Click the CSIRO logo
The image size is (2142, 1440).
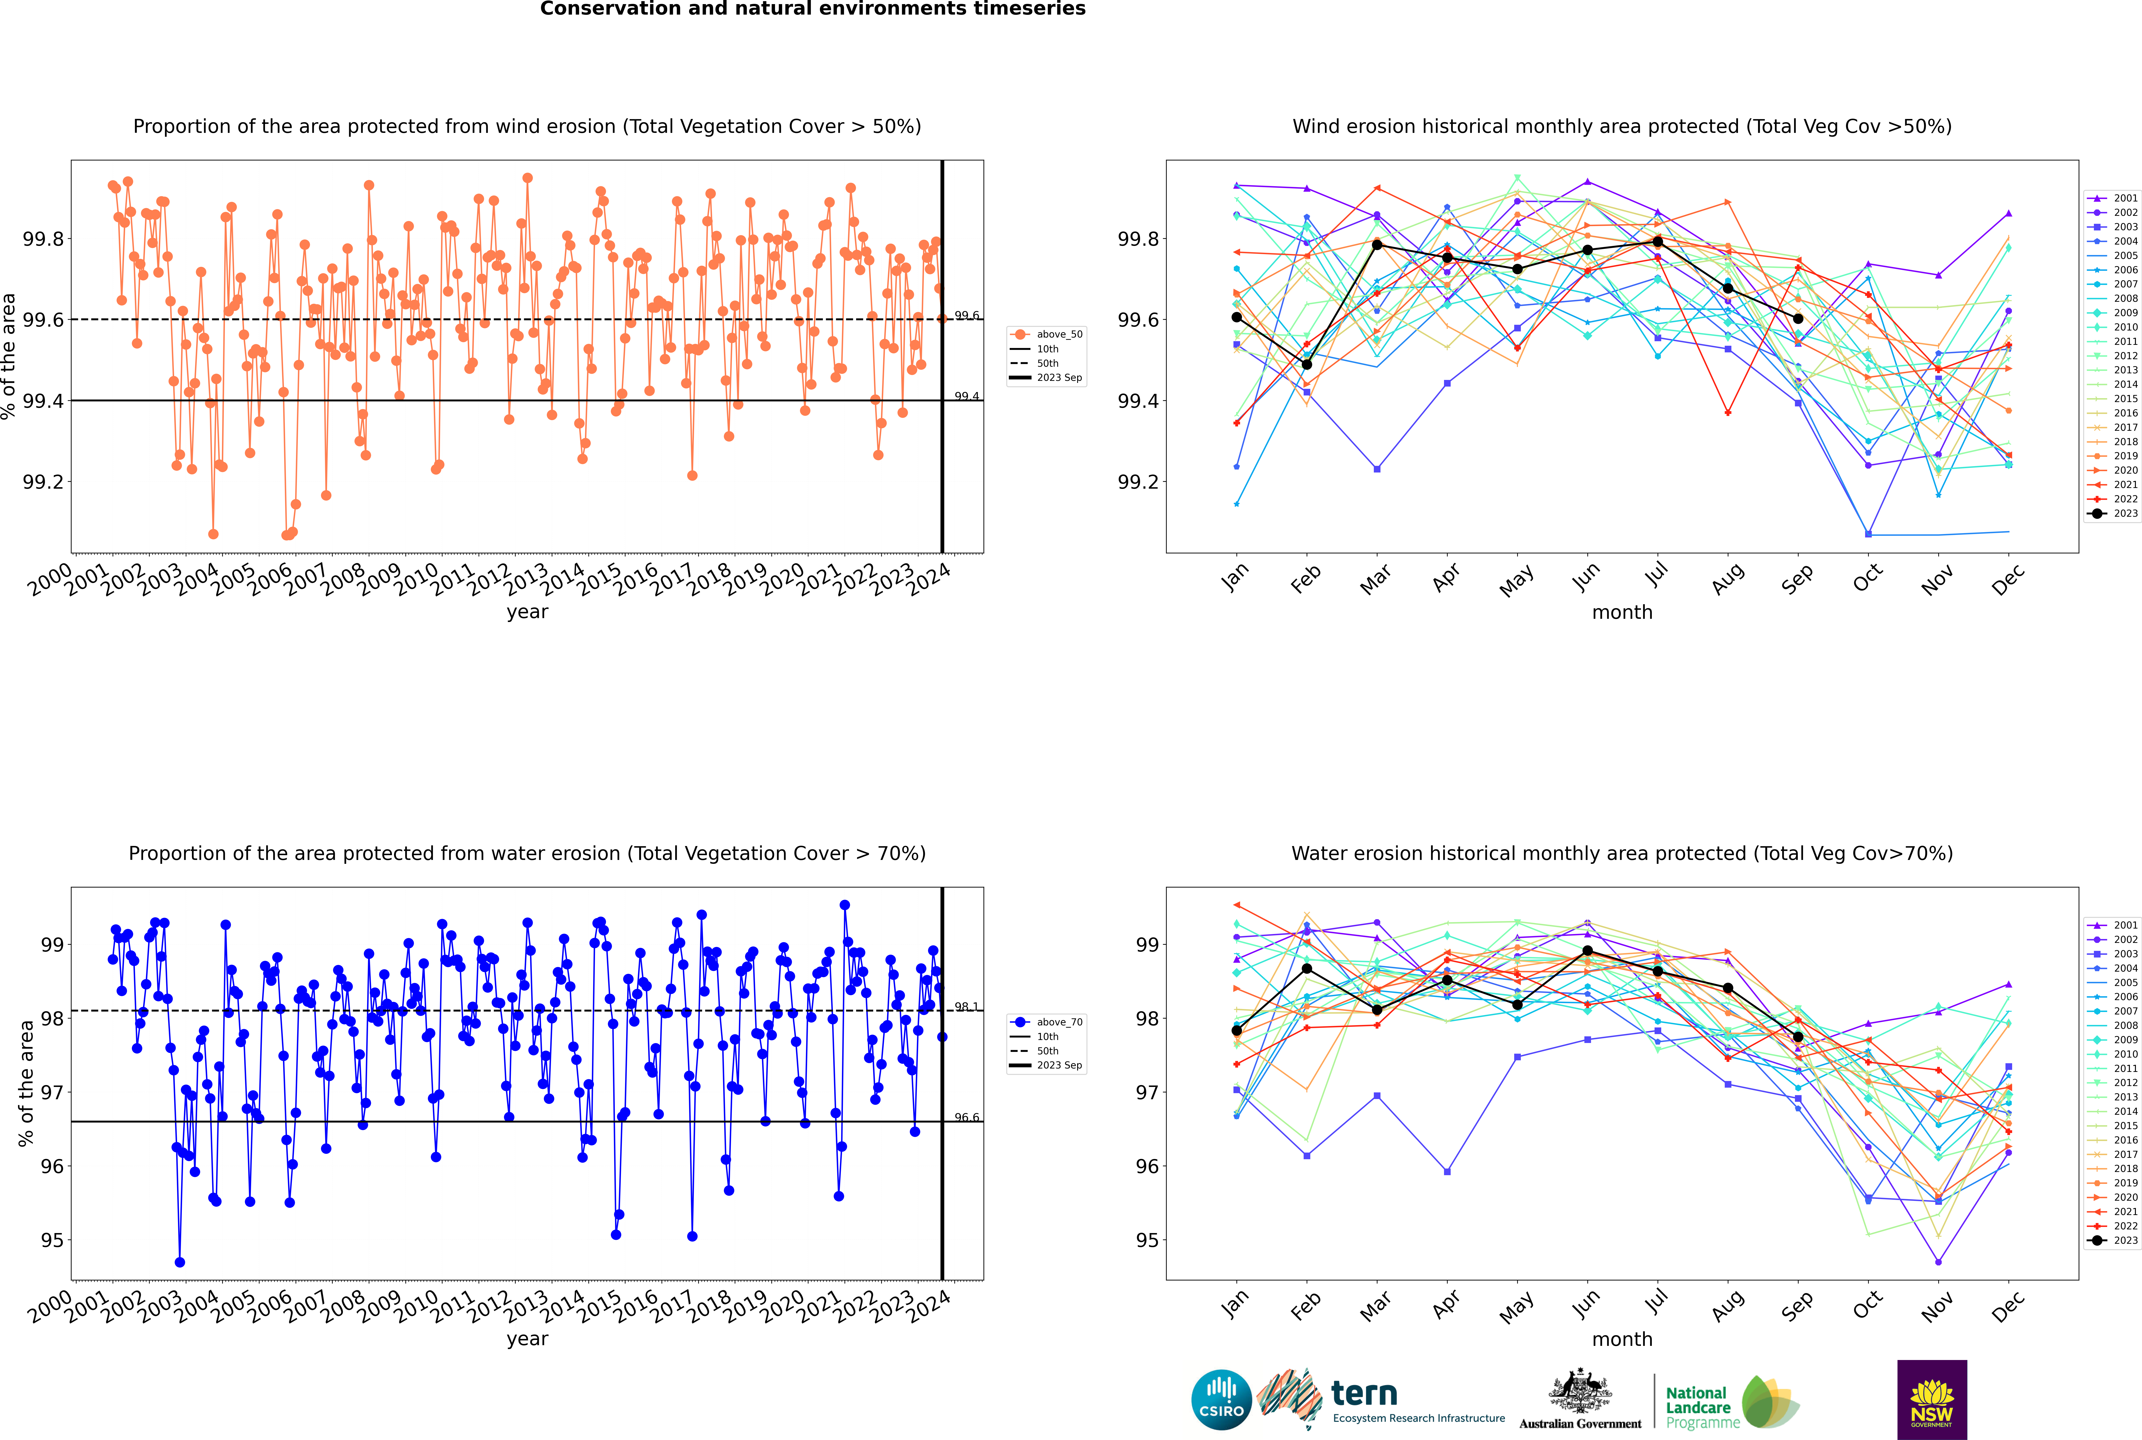click(1221, 1400)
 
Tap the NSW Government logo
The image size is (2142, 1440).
click(1932, 1400)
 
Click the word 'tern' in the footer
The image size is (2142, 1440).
click(1364, 1394)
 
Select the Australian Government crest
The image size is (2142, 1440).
click(1579, 1392)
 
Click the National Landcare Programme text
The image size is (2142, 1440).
click(1702, 1407)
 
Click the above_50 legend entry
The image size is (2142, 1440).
click(1047, 334)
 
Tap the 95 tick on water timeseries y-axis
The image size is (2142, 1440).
click(52, 1240)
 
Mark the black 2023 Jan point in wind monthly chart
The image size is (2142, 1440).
click(1237, 317)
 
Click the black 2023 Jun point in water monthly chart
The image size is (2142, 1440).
click(1587, 950)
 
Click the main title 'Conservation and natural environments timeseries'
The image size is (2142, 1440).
click(813, 9)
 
